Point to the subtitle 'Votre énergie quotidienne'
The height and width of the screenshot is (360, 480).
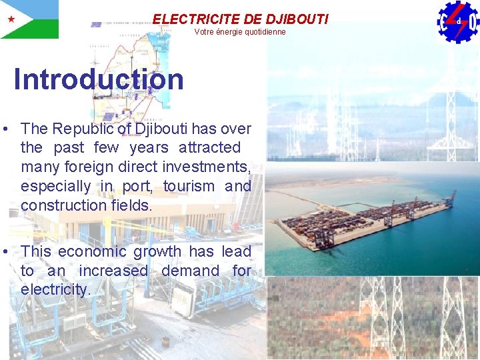pos(240,32)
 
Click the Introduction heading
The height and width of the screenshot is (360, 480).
pos(99,79)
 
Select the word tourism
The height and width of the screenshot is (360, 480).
pos(189,186)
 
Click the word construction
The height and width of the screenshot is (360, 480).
pos(63,205)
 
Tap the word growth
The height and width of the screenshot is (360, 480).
pos(157,251)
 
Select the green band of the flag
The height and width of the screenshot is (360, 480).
pos(37,29)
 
